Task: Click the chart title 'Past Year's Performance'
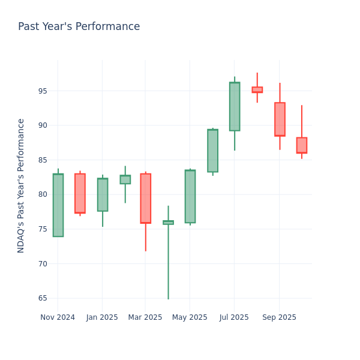[79, 27]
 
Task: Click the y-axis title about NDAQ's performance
[21, 185]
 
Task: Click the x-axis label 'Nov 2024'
[58, 317]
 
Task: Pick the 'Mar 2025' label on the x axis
[145, 317]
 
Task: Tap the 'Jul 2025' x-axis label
[234, 317]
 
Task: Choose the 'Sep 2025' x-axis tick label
[279, 317]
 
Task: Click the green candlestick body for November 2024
[58, 205]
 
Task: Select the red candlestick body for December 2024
[80, 193]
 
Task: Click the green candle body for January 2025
[103, 194]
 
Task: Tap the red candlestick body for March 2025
[145, 199]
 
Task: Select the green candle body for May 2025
[190, 196]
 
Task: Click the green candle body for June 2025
[212, 151]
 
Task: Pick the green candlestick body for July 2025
[234, 106]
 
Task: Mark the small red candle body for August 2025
[257, 89]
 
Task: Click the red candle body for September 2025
[280, 119]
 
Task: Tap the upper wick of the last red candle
[301, 122]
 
